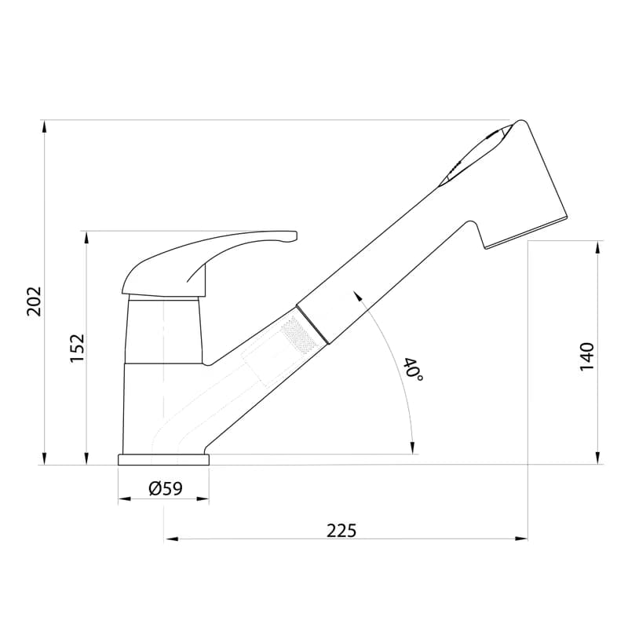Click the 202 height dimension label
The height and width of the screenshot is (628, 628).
(35, 301)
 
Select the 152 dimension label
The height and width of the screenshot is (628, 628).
(78, 348)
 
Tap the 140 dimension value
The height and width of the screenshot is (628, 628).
(587, 356)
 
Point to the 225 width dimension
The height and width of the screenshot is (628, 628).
(341, 531)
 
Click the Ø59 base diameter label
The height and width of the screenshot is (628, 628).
(166, 488)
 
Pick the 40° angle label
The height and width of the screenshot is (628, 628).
(414, 369)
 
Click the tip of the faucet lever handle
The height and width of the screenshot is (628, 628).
(296, 236)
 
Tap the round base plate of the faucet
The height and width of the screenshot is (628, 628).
(163, 459)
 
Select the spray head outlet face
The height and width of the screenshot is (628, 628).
(527, 232)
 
